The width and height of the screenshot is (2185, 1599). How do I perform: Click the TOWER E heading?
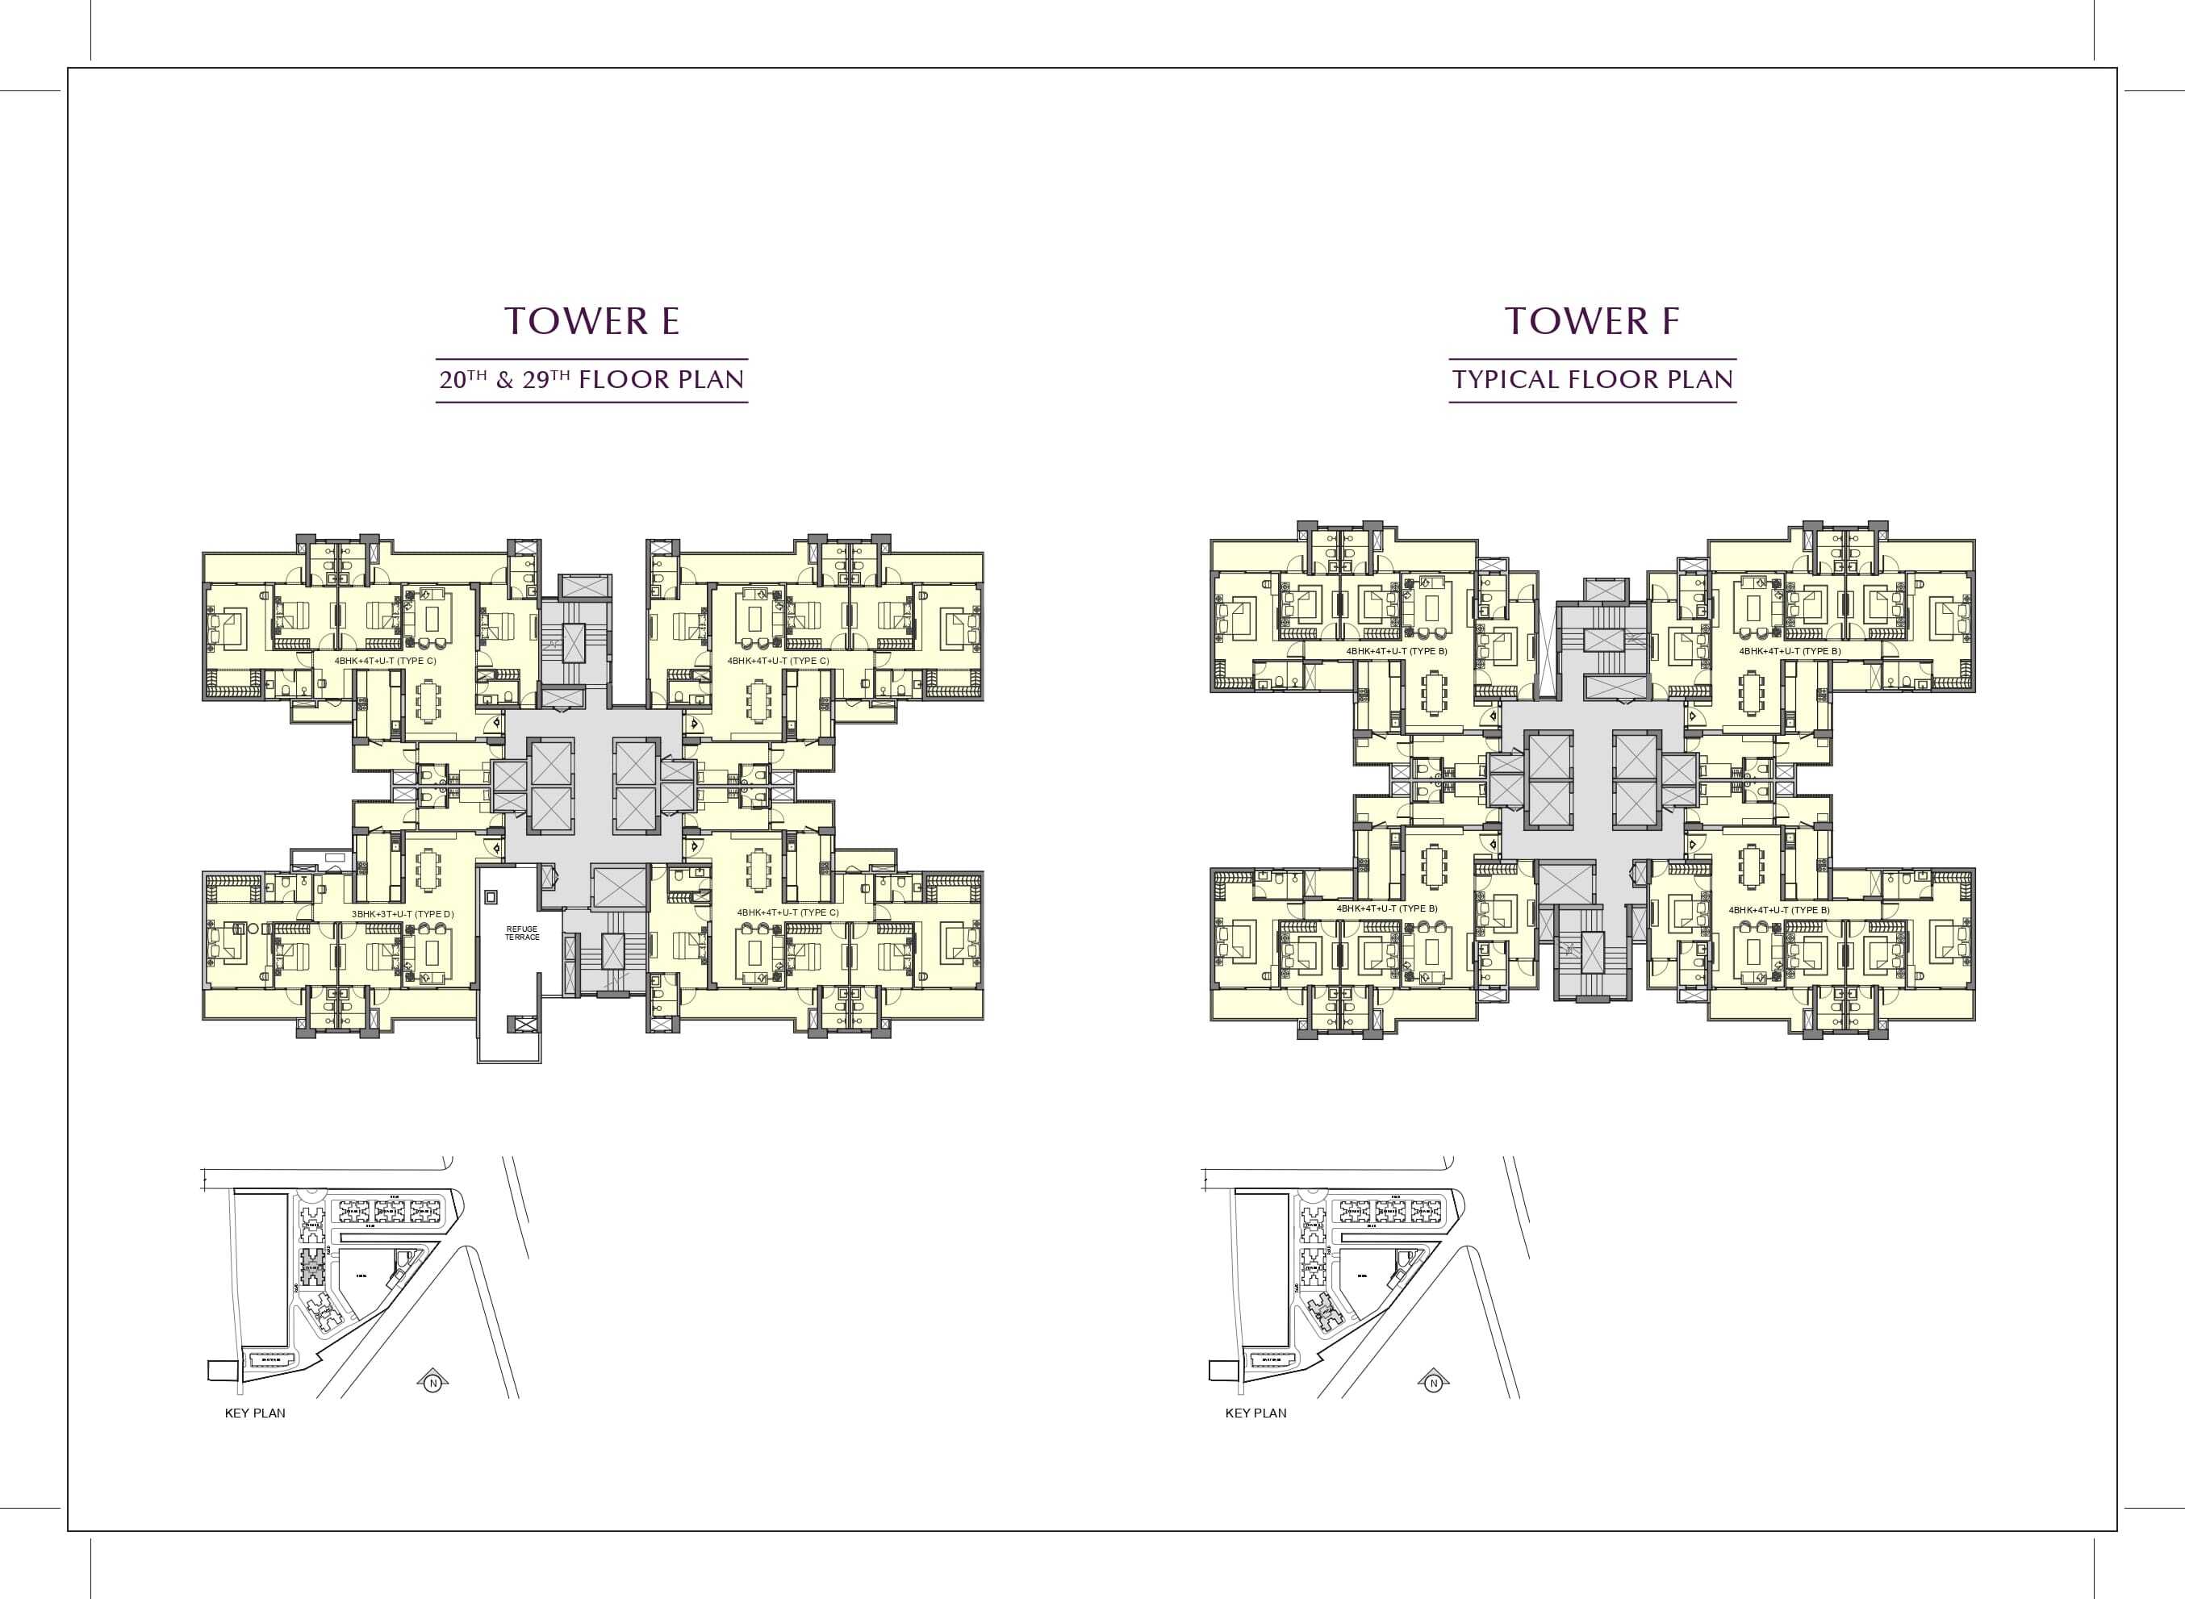pos(591,321)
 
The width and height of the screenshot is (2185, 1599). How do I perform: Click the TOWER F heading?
pos(1592,321)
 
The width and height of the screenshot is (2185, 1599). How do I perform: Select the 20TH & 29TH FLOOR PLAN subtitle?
pos(591,379)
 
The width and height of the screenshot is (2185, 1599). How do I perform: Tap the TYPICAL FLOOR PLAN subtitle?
pos(1592,379)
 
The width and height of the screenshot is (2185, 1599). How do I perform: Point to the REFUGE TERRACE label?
pos(522,933)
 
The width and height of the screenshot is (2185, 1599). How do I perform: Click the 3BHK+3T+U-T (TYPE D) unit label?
pos(402,914)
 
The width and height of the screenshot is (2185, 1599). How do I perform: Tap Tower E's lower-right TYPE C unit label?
pos(787,912)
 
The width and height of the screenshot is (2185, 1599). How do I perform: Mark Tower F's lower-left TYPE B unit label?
pos(1386,909)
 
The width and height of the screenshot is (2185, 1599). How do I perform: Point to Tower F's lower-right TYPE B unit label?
pos(1778,910)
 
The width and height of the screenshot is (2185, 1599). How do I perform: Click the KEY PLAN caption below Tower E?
pos(255,1413)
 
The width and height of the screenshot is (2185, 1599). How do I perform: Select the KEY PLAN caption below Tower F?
pos(1255,1413)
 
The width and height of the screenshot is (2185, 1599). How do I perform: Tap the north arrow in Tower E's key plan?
pos(432,1383)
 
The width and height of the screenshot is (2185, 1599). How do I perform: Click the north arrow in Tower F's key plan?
pos(1433,1382)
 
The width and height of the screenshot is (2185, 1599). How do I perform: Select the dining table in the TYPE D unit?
pos(427,869)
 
